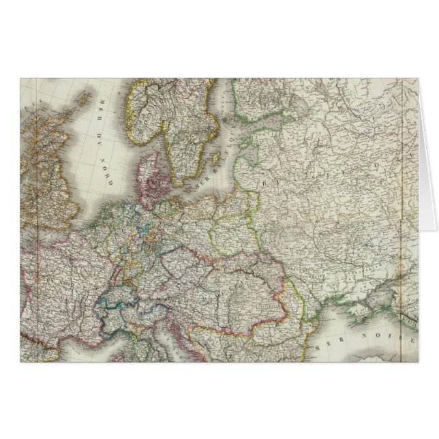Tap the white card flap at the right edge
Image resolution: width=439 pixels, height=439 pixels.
[x=428, y=157]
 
